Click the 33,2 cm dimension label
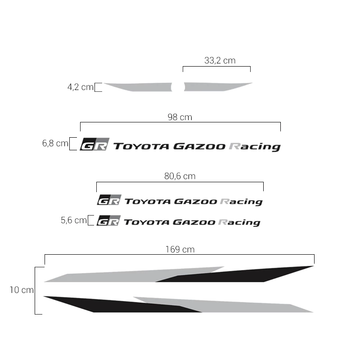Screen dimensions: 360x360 [x=220, y=61]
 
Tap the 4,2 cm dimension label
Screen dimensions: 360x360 [x=81, y=87]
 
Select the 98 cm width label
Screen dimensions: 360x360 [x=180, y=117]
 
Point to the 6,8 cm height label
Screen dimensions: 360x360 [x=55, y=143]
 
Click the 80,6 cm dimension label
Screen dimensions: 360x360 [x=180, y=176]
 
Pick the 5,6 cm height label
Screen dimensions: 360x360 [x=74, y=220]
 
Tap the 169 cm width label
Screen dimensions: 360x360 [x=180, y=249]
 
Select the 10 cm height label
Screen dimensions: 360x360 [x=22, y=290]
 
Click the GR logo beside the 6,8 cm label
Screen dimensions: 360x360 [x=94, y=144]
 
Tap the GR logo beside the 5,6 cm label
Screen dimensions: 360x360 [x=108, y=220]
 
